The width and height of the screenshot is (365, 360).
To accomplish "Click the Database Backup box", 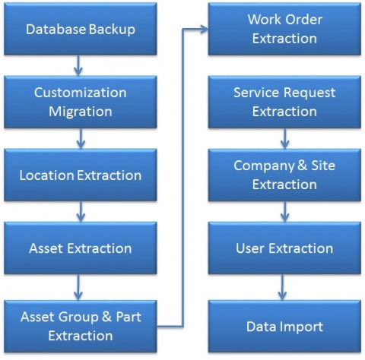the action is [x=81, y=29].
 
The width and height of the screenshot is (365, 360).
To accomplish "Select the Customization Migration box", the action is [x=81, y=102].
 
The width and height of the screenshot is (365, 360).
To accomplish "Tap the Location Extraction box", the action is [x=81, y=175].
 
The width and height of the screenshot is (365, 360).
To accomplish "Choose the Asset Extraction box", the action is [x=81, y=248].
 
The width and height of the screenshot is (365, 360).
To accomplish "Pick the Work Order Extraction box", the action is [x=284, y=29].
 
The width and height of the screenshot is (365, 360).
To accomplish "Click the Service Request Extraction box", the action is [x=284, y=102].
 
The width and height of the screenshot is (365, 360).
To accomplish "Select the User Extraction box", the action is [x=284, y=248].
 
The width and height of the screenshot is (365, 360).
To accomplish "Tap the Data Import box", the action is [x=284, y=327].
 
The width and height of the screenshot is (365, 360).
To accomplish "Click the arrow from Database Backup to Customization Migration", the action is [x=78, y=65].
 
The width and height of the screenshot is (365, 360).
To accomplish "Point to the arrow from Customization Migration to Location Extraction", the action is [x=81, y=138].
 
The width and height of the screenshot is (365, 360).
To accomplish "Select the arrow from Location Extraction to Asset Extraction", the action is [x=81, y=211].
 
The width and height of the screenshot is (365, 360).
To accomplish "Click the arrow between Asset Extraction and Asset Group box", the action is [x=78, y=287].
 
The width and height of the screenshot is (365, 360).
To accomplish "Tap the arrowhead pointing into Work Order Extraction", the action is [x=204, y=29].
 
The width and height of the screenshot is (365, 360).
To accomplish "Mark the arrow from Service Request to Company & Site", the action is [x=285, y=138].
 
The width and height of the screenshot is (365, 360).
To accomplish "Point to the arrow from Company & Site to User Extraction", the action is [x=285, y=211].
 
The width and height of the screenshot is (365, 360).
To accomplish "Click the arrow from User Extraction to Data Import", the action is [x=282, y=287].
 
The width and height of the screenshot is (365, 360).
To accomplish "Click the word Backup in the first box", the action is [x=112, y=30].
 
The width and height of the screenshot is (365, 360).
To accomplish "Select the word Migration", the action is [x=81, y=112].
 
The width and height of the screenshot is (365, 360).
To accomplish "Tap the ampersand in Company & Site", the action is [x=302, y=166].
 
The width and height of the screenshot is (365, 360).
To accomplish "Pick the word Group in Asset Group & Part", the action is [x=79, y=317].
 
